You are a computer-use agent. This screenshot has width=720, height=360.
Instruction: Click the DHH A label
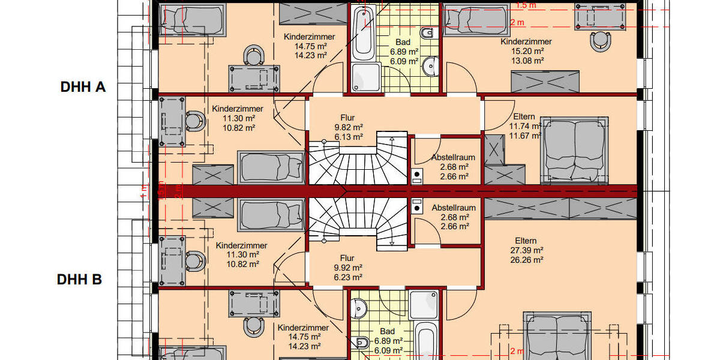tap(83, 87)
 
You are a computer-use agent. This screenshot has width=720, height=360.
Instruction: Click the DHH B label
tap(79, 280)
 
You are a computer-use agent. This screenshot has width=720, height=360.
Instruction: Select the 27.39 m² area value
tap(526, 250)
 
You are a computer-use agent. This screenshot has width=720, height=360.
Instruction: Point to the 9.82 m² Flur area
tap(349, 127)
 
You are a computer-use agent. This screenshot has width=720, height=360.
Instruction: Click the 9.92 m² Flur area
tap(349, 268)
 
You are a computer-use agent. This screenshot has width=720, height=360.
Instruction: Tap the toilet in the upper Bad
tap(427, 33)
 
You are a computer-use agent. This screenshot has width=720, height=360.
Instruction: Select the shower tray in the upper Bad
tap(365, 79)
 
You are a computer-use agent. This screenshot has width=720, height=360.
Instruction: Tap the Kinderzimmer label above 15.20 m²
tap(526, 41)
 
